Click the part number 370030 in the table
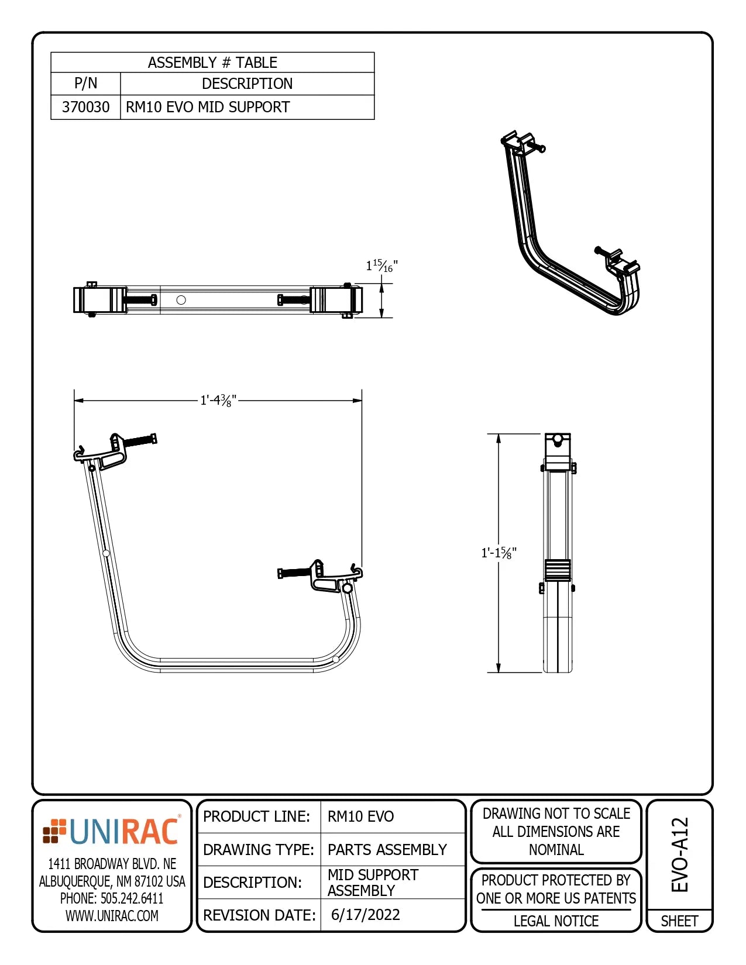(x=85, y=107)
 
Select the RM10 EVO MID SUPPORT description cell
(x=208, y=107)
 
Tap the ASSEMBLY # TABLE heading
(x=212, y=63)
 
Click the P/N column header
(x=85, y=84)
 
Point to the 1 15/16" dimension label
(x=381, y=266)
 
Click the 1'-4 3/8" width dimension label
(x=218, y=401)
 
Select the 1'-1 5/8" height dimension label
(x=499, y=553)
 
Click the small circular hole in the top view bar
(x=181, y=300)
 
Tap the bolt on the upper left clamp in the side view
(x=139, y=440)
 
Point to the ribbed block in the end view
(x=558, y=570)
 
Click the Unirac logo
(x=112, y=832)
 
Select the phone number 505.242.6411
(x=112, y=898)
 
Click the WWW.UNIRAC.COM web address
(x=112, y=916)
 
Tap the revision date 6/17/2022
(x=365, y=915)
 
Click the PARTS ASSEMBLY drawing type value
(x=387, y=849)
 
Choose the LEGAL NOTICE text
(x=556, y=921)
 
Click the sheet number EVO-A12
(x=679, y=854)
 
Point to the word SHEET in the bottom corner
(x=679, y=921)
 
